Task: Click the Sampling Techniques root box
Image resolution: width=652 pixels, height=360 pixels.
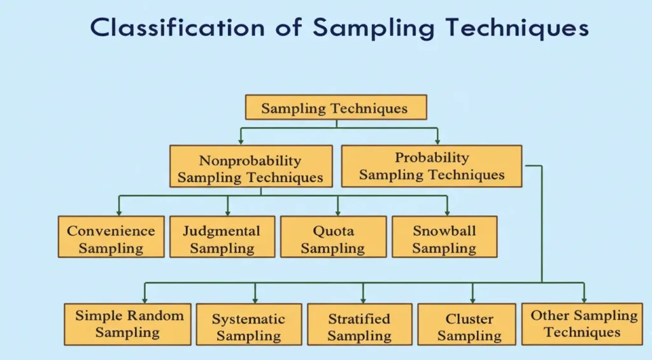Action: click(x=336, y=108)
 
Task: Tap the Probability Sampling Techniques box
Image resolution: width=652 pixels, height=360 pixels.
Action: click(x=431, y=166)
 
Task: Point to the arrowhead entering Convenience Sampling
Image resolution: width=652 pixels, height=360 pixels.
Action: click(x=119, y=212)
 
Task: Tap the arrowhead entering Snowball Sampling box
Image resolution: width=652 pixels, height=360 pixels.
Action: click(x=447, y=212)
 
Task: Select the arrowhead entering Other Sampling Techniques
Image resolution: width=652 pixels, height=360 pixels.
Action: click(x=584, y=299)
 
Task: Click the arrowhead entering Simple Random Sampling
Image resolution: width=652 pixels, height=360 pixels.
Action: click(x=145, y=299)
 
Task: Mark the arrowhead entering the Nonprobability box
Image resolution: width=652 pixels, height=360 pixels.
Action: click(x=241, y=141)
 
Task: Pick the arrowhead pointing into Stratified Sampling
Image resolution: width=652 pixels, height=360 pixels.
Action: click(x=364, y=299)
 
